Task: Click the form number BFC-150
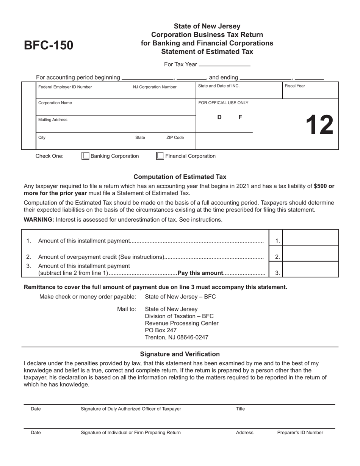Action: point(49,45)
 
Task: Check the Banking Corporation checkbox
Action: point(86,156)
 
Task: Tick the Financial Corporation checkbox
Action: point(160,156)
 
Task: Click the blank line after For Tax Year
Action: point(224,64)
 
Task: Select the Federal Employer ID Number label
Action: point(65,87)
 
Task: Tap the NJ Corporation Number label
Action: point(155,87)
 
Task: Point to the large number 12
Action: point(319,125)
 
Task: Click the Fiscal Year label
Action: point(295,86)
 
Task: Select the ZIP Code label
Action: point(175,138)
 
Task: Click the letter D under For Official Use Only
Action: point(219,117)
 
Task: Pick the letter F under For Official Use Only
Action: point(240,117)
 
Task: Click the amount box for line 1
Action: point(310,238)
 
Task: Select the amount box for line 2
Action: point(310,254)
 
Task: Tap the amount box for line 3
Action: point(310,269)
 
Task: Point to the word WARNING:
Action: point(39,220)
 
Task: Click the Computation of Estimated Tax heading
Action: point(180,177)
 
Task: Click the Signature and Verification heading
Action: point(180,354)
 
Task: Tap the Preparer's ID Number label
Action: point(300,432)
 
